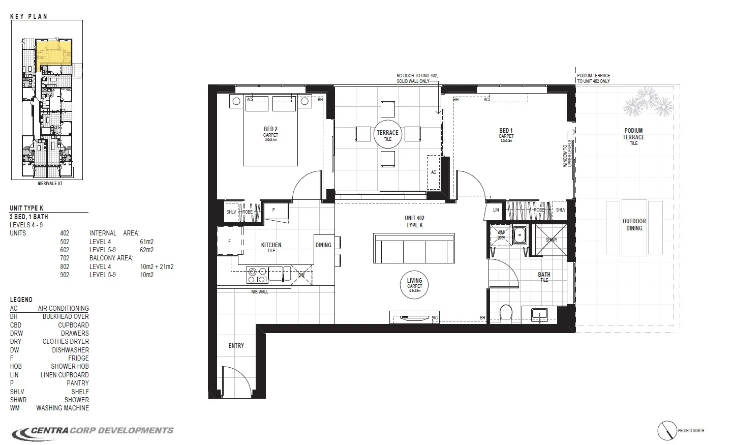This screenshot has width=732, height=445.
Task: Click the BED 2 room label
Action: [270, 129]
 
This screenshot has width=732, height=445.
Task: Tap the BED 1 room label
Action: [506, 131]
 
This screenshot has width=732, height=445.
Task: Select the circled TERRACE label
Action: [387, 134]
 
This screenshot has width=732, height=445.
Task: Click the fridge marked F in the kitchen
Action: [230, 242]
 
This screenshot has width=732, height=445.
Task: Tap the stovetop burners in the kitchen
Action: [257, 275]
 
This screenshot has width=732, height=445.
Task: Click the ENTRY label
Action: [236, 346]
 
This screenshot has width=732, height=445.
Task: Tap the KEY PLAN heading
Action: [28, 16]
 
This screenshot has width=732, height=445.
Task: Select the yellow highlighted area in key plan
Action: [53, 53]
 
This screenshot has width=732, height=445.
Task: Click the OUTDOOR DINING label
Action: [634, 225]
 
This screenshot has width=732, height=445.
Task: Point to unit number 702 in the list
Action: [65, 258]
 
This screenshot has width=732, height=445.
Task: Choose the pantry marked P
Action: [273, 210]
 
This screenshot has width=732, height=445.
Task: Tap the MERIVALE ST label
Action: [49, 184]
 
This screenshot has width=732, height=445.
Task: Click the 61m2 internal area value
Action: [146, 242]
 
